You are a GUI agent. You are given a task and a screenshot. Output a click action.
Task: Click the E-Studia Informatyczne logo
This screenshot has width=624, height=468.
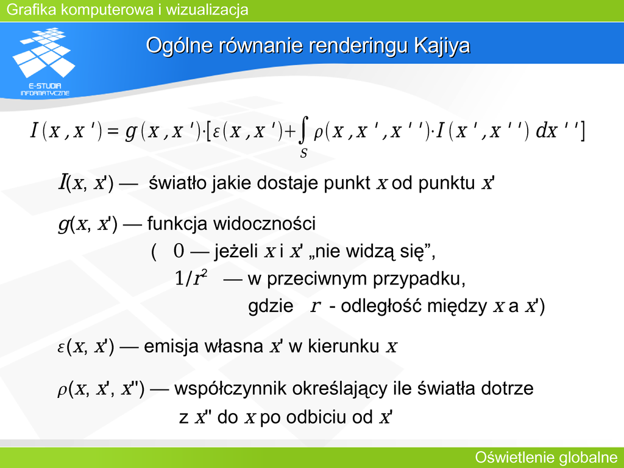(x=44, y=62)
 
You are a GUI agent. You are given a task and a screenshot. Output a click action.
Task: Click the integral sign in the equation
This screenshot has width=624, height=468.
(x=303, y=130)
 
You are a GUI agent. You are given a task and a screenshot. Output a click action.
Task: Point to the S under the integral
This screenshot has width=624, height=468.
(x=303, y=153)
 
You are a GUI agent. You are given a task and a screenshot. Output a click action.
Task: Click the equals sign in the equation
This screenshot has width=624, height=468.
(x=113, y=131)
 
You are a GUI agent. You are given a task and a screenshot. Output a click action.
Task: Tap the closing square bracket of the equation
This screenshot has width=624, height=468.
(x=581, y=131)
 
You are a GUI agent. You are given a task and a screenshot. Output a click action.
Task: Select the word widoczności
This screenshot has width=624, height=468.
(x=264, y=223)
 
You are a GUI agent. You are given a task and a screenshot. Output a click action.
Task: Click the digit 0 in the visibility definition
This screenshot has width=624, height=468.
(x=179, y=251)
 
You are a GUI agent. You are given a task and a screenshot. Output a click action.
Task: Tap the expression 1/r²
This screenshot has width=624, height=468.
(x=191, y=278)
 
